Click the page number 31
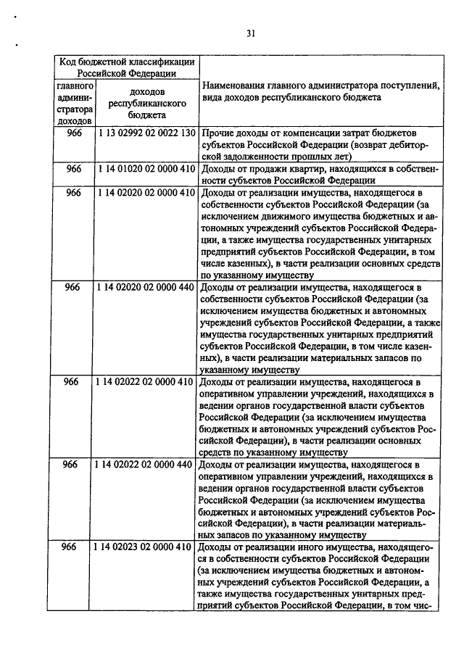(250, 33)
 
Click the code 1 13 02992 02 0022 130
(145, 135)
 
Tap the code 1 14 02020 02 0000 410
(145, 192)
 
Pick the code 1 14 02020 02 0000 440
(145, 287)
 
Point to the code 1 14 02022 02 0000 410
(145, 381)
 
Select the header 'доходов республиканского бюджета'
(145, 103)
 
